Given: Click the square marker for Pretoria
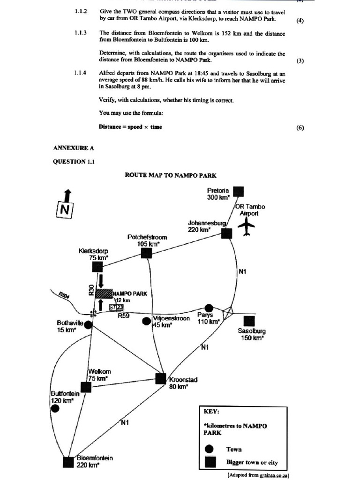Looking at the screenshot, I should click(239, 191).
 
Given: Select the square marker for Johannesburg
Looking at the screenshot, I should click(226, 233).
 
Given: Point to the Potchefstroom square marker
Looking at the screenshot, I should click(146, 253).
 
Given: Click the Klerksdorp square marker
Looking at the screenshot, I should click(97, 267).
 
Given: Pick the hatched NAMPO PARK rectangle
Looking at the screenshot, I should click(104, 293).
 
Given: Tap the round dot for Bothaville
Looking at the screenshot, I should click(89, 323).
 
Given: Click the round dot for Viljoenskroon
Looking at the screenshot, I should click(147, 321).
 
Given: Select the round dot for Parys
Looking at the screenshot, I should click(209, 308).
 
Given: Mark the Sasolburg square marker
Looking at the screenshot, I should click(249, 321).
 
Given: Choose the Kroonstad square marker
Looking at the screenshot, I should click(161, 378).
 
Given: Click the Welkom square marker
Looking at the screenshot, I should click(86, 387).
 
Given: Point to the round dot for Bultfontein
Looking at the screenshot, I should click(55, 408).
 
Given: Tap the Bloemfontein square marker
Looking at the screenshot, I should click(68, 462).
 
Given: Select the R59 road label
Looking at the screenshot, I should click(124, 316).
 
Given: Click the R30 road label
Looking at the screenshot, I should click(91, 290).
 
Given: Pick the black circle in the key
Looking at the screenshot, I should click(210, 449).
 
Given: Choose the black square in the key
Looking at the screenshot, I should click(210, 462).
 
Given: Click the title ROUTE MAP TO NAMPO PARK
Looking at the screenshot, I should click(171, 175).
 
